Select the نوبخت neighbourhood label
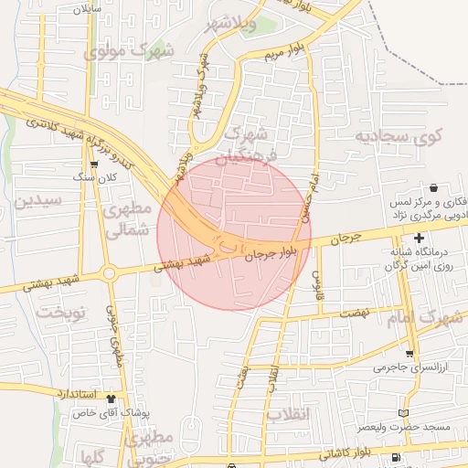pos(60,313)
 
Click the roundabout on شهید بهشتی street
pos(109,272)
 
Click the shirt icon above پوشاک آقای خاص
pos(112,399)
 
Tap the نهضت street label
pos(354,314)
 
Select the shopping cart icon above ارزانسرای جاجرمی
pos(410,354)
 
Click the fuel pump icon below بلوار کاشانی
pos(395,458)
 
